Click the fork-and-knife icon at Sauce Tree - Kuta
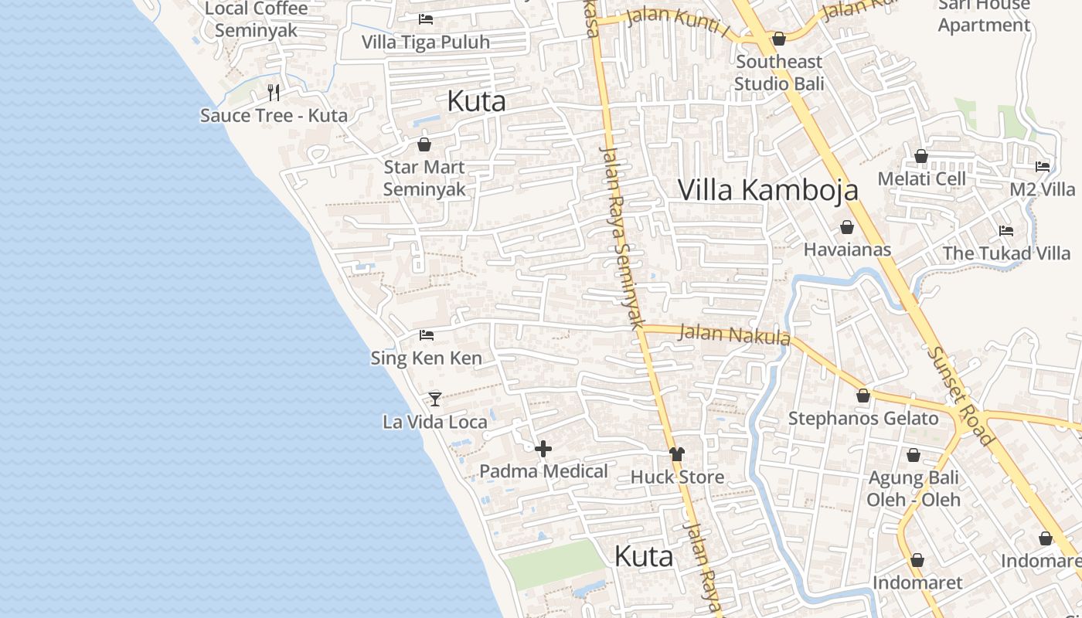tap(273, 93)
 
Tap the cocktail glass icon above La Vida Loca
tap(435, 399)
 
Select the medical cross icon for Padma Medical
tap(543, 448)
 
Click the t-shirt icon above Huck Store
tap(677, 453)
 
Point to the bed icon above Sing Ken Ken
tap(426, 334)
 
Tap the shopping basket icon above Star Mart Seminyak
tap(424, 144)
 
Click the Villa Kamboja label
tap(768, 189)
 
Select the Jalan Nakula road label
tap(734, 334)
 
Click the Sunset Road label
tap(961, 396)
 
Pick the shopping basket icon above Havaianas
tap(847, 226)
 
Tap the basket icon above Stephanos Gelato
tap(863, 396)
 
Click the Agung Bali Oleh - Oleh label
tap(914, 488)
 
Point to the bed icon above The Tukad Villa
tap(1005, 230)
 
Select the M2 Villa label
tap(1042, 189)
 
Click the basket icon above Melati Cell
tap(921, 156)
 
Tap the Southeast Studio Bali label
tap(779, 72)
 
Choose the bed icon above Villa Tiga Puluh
tap(426, 19)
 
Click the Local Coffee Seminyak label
tap(257, 19)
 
